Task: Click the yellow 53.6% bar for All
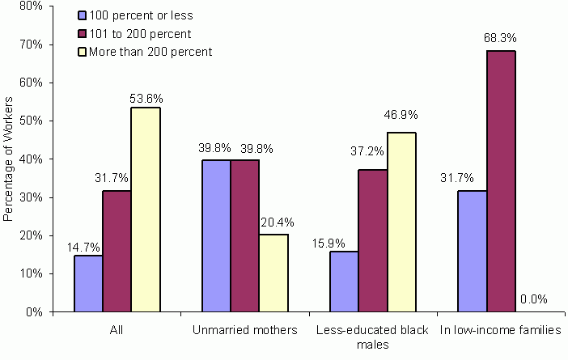146,210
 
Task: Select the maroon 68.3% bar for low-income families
501,181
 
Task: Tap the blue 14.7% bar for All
88,283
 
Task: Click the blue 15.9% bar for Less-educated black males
344,282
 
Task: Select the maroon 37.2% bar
373,241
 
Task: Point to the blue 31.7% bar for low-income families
473,251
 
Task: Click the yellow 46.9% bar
401,222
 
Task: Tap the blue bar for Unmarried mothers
216,235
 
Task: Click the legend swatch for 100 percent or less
83,15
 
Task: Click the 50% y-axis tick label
32,121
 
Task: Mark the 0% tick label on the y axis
35,311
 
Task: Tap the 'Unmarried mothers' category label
245,330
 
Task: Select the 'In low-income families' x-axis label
501,330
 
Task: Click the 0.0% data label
533,299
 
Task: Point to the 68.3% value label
502,38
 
